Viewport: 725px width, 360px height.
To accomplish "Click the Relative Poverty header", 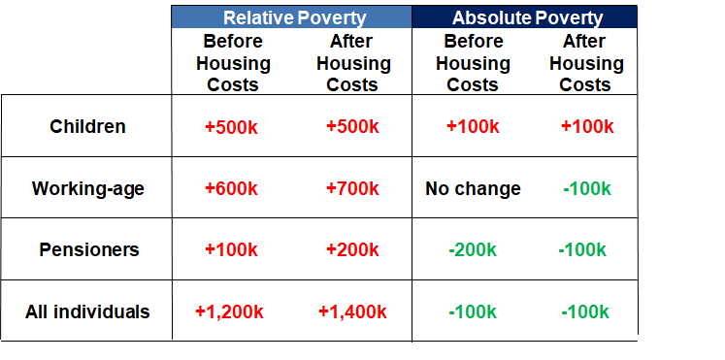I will tap(292, 17).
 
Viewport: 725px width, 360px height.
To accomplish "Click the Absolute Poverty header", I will tap(528, 17).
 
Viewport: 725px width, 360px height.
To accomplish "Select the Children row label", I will tap(87, 126).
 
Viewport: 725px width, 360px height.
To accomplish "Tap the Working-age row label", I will tap(87, 188).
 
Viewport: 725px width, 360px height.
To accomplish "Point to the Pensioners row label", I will tap(88, 249).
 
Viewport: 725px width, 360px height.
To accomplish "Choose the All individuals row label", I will tap(87, 311).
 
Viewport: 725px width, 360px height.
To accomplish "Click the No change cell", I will tap(473, 188).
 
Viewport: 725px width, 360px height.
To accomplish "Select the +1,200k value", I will tap(231, 311).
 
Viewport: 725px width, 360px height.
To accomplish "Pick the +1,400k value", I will tap(352, 311).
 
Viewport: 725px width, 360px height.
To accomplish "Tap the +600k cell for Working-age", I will tap(231, 188).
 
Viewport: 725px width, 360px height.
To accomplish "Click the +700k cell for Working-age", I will tap(352, 188).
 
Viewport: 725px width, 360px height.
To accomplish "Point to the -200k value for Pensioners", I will tap(473, 249).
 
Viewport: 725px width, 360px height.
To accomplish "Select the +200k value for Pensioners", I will tap(352, 249).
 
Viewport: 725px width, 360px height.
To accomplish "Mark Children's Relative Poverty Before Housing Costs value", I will tap(231, 126).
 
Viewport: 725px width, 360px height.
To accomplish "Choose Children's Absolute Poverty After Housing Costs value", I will tap(587, 126).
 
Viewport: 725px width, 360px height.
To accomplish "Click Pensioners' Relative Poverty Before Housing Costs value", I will tap(231, 249).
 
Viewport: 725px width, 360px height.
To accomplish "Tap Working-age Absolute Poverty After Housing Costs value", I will tap(587, 188).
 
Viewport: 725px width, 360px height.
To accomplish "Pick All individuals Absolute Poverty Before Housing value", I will tap(473, 311).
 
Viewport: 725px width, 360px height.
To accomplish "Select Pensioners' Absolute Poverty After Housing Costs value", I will tap(582, 249).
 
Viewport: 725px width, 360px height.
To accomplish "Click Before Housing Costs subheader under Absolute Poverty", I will tap(473, 63).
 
